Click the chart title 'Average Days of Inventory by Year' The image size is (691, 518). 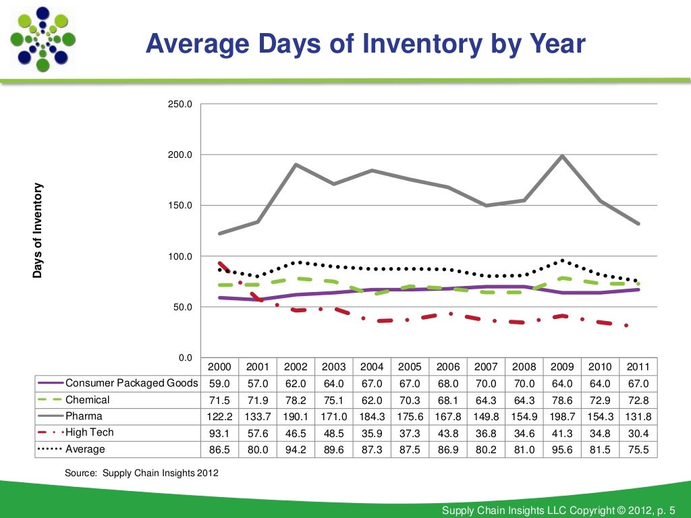365,45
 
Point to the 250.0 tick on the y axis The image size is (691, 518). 180,105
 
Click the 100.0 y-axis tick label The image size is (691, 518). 180,256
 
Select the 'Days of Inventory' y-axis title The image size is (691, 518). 38,231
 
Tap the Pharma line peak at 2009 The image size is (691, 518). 562,156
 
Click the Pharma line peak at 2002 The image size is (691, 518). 296,165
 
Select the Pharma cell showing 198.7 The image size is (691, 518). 562,416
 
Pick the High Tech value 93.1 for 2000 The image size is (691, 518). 219,432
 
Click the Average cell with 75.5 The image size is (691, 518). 638,449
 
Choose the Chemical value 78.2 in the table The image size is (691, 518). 296,400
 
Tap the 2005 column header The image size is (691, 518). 410,367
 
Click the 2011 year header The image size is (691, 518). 638,367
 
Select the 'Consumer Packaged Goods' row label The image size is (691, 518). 132,383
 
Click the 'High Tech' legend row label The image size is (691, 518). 89,432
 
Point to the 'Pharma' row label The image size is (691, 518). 84,416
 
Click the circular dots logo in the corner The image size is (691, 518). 42,38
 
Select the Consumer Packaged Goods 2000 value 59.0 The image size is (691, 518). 219,383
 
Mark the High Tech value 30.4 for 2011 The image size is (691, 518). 638,432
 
